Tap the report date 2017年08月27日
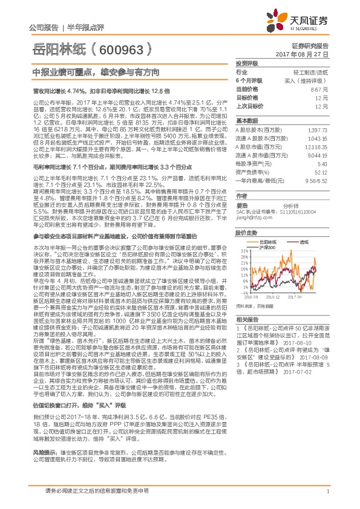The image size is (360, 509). tap(311, 54)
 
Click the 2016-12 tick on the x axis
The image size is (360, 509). tap(274, 297)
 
